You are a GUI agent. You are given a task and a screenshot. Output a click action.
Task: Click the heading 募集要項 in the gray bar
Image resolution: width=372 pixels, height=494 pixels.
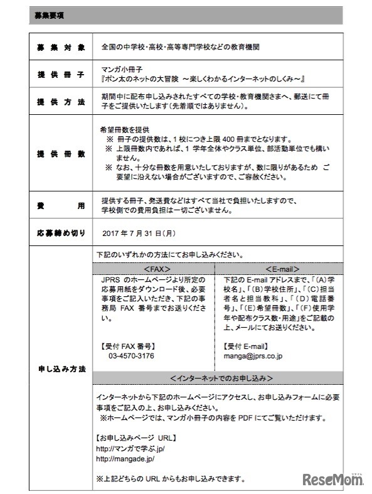[x=50, y=14]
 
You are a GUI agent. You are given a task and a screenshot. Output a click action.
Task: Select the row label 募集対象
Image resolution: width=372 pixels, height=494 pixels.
[x=61, y=47]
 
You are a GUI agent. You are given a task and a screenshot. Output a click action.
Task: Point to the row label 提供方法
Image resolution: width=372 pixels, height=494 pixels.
[x=61, y=102]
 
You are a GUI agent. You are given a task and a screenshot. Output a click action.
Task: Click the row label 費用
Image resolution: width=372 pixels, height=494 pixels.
[x=61, y=205]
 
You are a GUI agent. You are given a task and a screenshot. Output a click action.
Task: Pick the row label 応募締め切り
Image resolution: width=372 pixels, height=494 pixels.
[x=61, y=233]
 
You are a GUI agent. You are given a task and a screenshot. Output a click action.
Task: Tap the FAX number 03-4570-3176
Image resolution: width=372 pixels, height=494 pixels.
[x=131, y=355]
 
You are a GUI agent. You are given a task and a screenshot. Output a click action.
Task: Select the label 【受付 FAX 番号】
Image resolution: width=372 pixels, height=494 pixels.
[x=127, y=345]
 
